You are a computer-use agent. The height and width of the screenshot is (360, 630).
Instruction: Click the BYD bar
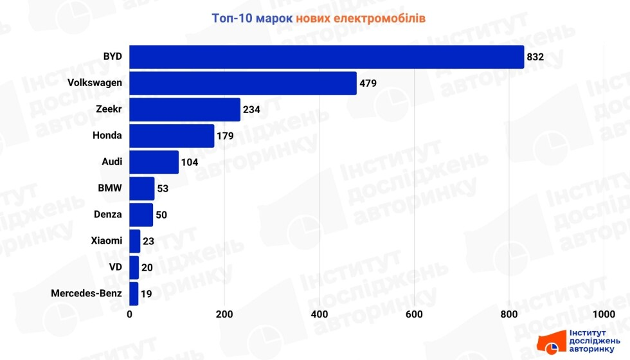tap(327, 57)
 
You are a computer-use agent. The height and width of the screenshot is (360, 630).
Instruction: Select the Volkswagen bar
tap(243, 83)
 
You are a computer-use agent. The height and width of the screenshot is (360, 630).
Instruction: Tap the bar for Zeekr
tap(185, 109)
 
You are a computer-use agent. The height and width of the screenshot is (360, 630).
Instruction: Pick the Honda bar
tap(172, 136)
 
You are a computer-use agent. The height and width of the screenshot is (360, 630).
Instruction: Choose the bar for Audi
tap(154, 162)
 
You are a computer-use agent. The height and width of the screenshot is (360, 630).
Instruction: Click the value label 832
tap(535, 57)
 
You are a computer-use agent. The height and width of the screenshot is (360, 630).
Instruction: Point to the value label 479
tap(368, 84)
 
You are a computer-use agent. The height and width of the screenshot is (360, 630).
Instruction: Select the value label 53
tap(163, 189)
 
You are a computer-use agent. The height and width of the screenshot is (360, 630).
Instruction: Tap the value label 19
tap(146, 294)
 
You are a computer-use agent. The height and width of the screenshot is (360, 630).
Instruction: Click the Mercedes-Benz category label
tap(86, 294)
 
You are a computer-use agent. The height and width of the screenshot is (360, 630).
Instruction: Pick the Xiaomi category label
tap(106, 241)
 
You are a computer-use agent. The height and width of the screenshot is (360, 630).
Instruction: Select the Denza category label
tap(107, 215)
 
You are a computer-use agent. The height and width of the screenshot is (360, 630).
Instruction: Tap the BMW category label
tap(110, 188)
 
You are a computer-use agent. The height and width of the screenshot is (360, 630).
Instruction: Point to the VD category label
tap(115, 267)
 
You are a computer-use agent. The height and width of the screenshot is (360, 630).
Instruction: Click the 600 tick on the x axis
tap(415, 314)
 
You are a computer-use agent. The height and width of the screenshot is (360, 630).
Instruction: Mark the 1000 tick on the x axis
tap(604, 314)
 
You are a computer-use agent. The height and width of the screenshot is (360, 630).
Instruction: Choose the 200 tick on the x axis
tap(224, 314)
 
